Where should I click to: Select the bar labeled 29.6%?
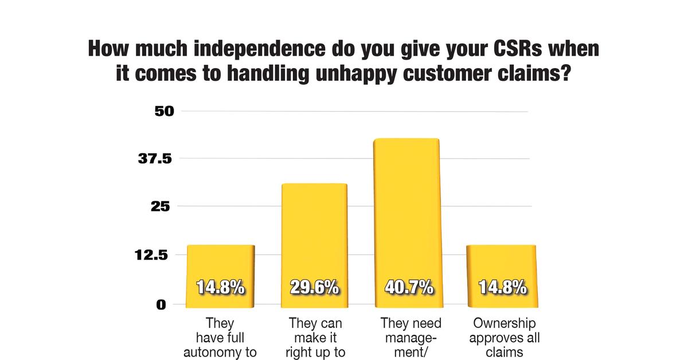[314, 241]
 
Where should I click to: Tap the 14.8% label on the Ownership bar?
[502, 287]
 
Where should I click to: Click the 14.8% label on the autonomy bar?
[221, 287]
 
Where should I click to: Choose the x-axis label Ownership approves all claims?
[504, 338]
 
